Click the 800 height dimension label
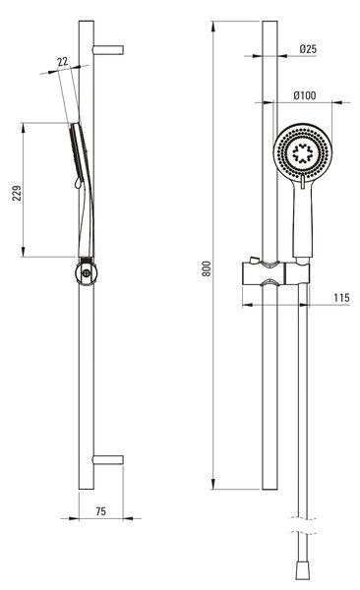[207, 268]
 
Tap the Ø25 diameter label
[308, 49]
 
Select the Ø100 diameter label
[305, 95]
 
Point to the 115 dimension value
[341, 298]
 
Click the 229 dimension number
[17, 193]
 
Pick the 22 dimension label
[63, 61]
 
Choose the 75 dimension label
[101, 511]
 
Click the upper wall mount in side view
[108, 50]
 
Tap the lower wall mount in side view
[108, 460]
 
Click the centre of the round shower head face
[302, 152]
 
